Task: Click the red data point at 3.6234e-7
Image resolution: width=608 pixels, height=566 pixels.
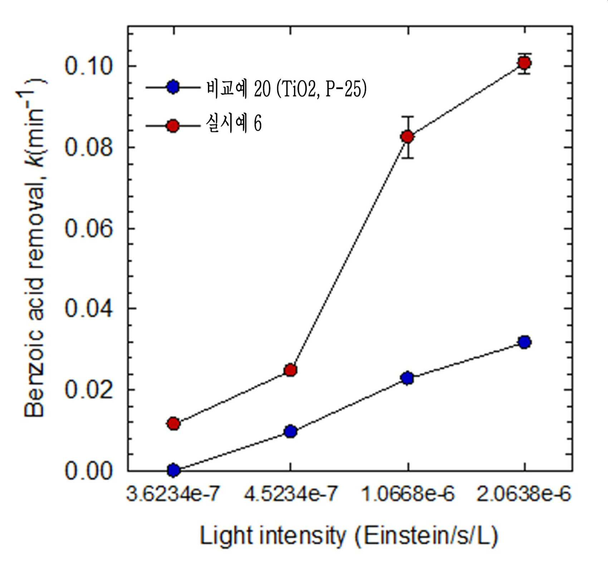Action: click(x=173, y=424)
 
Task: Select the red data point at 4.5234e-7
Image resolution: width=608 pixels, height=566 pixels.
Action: click(x=291, y=370)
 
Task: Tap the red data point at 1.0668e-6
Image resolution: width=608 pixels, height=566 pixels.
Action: click(x=408, y=137)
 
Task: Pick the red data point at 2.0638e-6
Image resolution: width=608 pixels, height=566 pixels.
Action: click(x=525, y=63)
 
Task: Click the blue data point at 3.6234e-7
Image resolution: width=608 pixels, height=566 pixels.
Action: click(x=173, y=470)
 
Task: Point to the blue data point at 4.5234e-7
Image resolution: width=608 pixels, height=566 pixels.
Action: click(x=291, y=431)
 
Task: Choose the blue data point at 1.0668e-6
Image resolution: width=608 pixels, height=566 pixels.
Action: click(x=408, y=378)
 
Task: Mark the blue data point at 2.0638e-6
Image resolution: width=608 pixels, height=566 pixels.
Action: click(x=525, y=342)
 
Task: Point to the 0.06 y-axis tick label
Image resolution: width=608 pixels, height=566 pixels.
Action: click(x=88, y=228)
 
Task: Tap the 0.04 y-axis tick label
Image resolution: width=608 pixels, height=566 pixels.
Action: click(x=88, y=309)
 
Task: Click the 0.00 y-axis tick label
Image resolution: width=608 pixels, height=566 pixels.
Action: click(x=88, y=471)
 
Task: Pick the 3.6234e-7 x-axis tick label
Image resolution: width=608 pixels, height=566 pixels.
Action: click(x=173, y=494)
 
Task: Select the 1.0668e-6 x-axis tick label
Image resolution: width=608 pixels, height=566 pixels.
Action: click(x=408, y=494)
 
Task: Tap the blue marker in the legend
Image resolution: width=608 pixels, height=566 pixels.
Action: click(x=173, y=87)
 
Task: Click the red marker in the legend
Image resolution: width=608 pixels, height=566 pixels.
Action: click(x=173, y=126)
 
